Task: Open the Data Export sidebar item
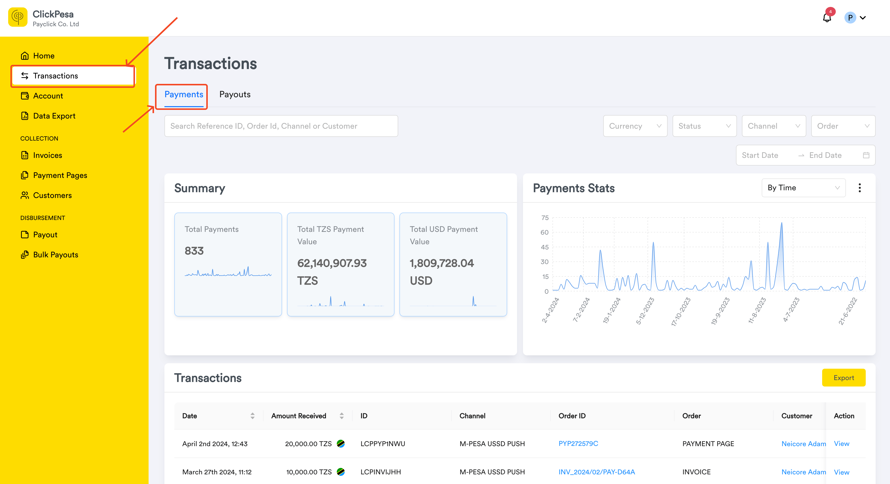[x=48, y=116]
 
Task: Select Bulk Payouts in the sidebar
[x=50, y=255]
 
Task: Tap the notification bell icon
[x=827, y=18]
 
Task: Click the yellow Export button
[x=843, y=378]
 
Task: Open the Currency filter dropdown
[x=635, y=126]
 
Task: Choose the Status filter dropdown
[x=705, y=126]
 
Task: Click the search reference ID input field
[x=281, y=126]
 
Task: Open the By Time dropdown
[x=803, y=188]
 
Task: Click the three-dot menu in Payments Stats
[x=860, y=188]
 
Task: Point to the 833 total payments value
[x=194, y=251]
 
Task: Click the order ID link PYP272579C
[x=578, y=444]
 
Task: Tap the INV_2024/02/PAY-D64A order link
[x=597, y=472]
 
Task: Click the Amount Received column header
[x=298, y=416]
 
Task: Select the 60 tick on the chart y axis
[x=545, y=232]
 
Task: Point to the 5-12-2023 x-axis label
[x=645, y=311]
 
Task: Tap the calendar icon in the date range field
[x=866, y=155]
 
